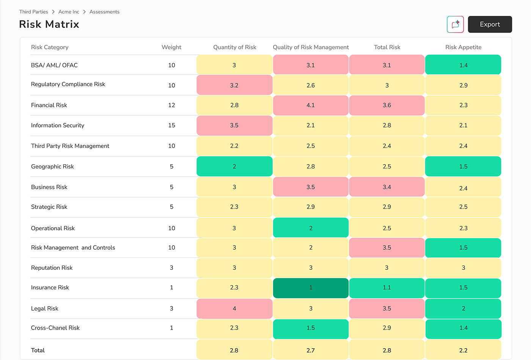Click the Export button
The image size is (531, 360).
point(490,24)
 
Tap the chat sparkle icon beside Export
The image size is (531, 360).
point(455,24)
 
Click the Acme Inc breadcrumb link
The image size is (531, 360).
point(69,12)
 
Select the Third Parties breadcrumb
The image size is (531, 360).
point(34,12)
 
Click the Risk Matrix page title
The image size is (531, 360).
point(49,24)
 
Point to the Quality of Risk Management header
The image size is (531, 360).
point(311,47)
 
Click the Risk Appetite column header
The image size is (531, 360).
point(463,47)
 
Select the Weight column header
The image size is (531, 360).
point(171,47)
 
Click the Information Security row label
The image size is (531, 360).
point(58,125)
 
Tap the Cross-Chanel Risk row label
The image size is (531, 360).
point(55,328)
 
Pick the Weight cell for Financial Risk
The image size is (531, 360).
point(171,105)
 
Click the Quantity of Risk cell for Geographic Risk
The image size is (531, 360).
point(234,167)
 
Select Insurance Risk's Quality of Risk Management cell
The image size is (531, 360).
point(311,288)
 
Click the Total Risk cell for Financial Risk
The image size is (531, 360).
point(387,105)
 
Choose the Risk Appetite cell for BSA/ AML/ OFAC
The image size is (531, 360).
point(463,65)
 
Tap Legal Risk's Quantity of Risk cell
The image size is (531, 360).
point(234,308)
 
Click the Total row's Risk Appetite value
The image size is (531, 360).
point(463,350)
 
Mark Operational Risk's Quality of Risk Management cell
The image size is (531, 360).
point(311,228)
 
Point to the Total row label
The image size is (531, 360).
point(38,350)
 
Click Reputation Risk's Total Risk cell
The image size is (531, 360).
point(387,268)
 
